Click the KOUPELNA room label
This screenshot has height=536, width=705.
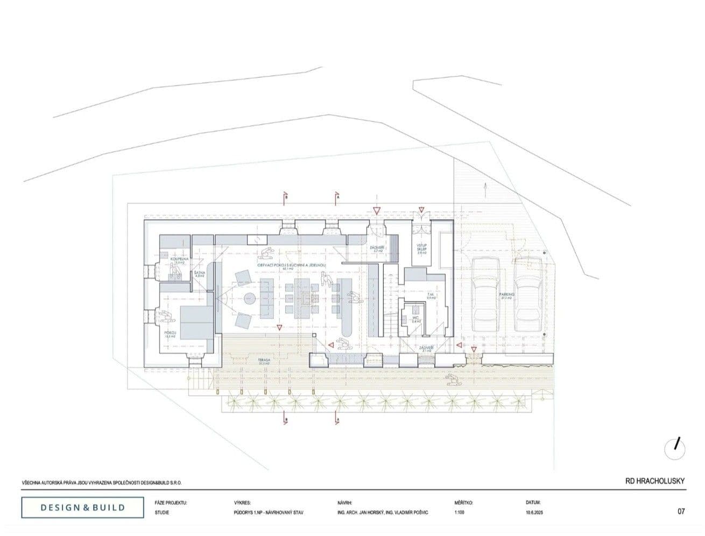(x=178, y=259)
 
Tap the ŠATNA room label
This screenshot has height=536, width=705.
(x=198, y=274)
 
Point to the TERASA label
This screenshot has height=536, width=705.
(x=264, y=360)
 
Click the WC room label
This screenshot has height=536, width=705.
(x=415, y=318)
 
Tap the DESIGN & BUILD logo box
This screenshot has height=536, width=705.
(x=83, y=507)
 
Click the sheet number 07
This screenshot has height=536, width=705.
(x=681, y=512)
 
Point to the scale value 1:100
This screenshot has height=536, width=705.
(x=460, y=513)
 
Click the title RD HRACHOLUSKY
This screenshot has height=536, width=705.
(x=654, y=481)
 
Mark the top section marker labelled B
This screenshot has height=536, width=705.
(x=286, y=198)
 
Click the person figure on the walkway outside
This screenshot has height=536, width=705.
(x=454, y=379)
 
